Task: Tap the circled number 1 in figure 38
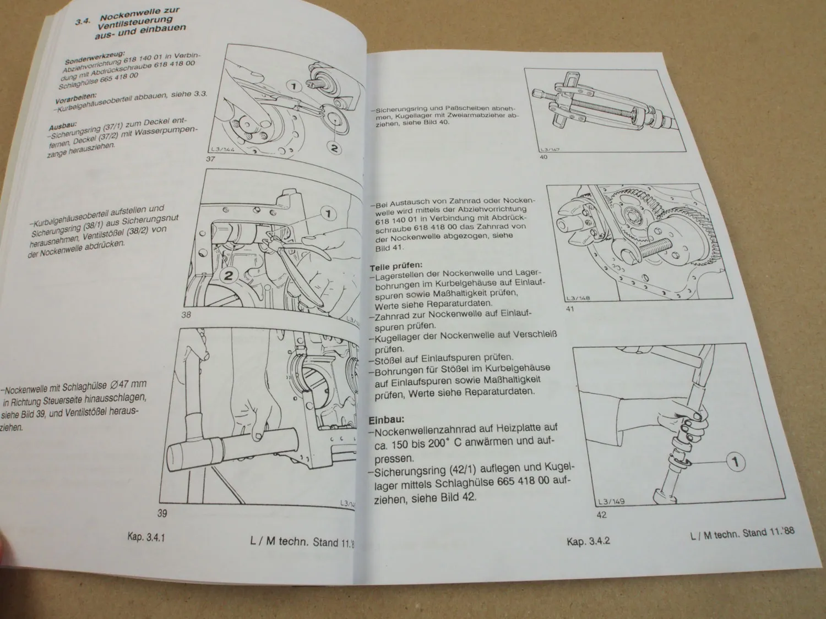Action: tap(327, 213)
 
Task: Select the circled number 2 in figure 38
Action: tap(229, 276)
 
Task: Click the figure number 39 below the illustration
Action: tap(162, 514)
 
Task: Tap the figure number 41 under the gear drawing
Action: tap(570, 309)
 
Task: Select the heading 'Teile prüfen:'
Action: tap(396, 267)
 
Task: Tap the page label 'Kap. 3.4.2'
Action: tap(588, 541)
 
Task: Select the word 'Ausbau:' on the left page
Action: tap(62, 124)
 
